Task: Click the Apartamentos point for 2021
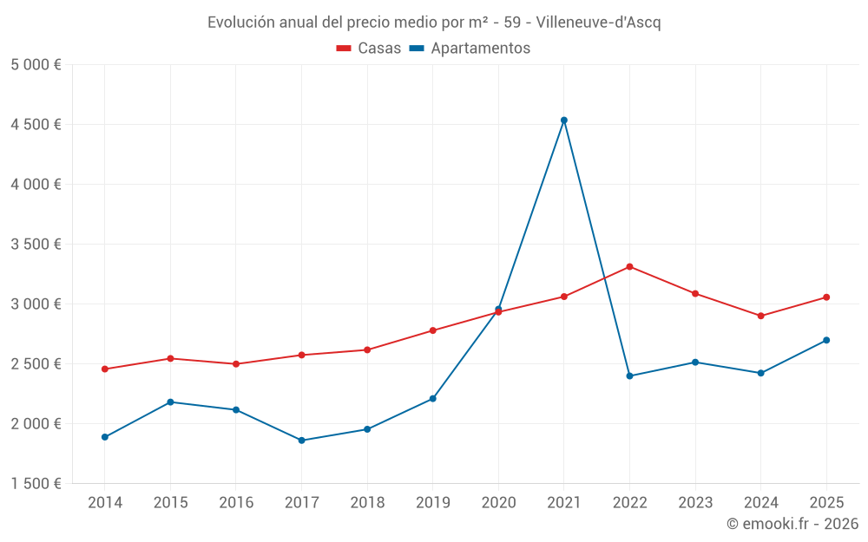(564, 121)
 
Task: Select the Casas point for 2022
(629, 266)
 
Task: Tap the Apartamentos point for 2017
(301, 441)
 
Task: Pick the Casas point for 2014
(104, 369)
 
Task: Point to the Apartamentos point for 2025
(826, 340)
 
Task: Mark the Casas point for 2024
(760, 316)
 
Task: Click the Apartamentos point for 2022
(629, 376)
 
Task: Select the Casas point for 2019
(432, 330)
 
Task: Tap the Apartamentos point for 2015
(170, 402)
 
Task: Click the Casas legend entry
(369, 49)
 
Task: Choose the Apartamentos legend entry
(470, 49)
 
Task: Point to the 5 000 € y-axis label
(36, 65)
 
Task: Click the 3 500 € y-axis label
(36, 245)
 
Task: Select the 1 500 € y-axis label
(36, 484)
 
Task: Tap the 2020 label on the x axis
(498, 502)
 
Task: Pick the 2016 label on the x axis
(236, 502)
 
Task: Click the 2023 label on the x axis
(695, 502)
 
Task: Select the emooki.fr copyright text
(792, 524)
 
